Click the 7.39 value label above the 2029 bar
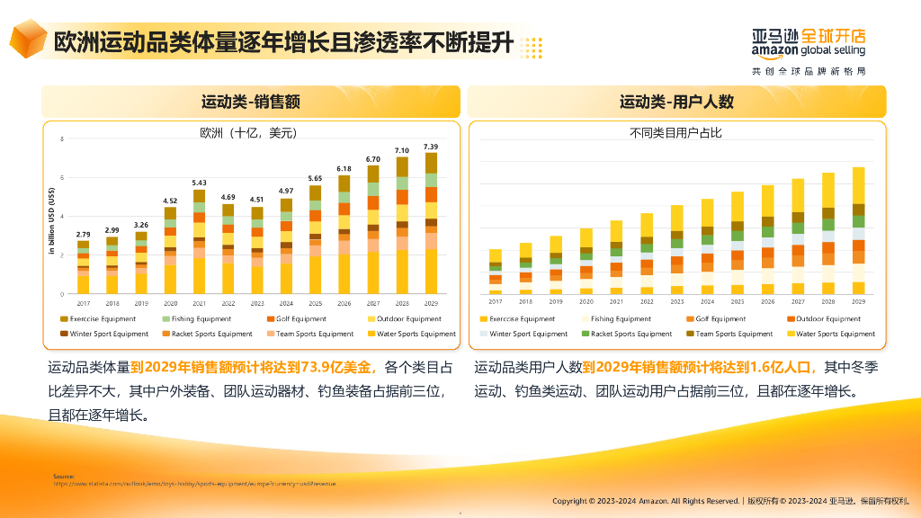[431, 147]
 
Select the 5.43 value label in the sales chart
[199, 183]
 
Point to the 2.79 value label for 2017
[83, 234]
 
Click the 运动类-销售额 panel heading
[250, 102]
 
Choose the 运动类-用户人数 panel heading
[676, 102]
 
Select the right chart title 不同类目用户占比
[675, 133]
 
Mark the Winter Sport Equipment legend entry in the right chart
[528, 334]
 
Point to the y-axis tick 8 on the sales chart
[62, 139]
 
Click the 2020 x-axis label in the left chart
[170, 303]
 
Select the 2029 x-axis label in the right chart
[858, 303]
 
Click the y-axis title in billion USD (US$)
[53, 220]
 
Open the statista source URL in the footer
[193, 483]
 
